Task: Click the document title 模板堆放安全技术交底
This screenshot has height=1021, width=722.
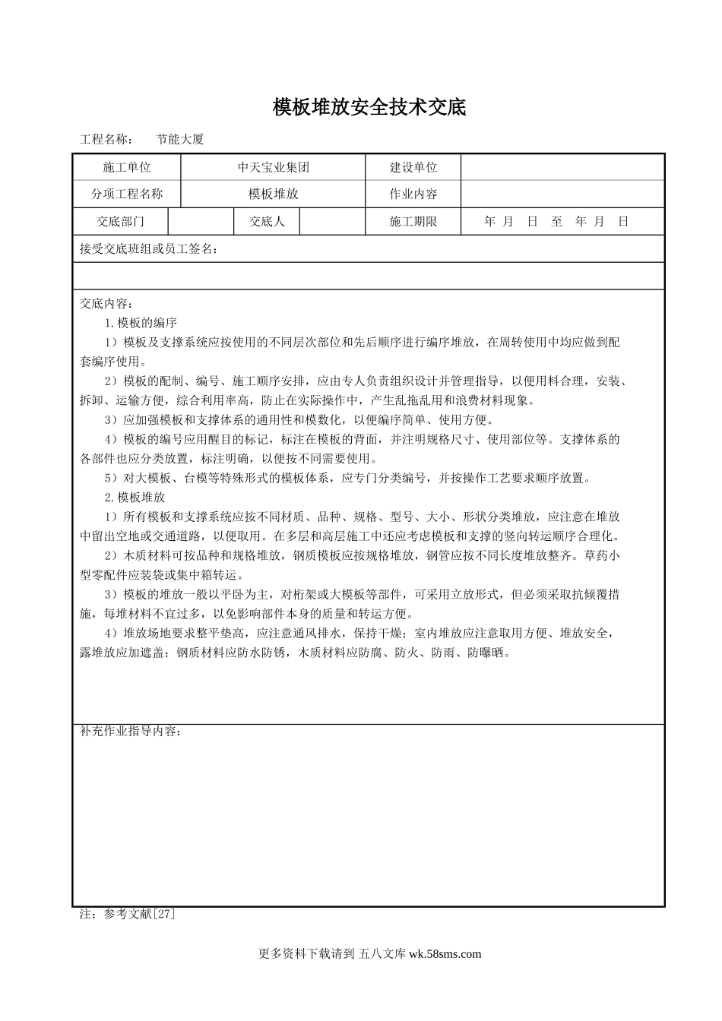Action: [x=369, y=107]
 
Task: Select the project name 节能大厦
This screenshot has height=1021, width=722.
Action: [x=179, y=140]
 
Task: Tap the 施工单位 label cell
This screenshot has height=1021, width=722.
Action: [x=127, y=167]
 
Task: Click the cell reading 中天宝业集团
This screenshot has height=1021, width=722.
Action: [x=274, y=167]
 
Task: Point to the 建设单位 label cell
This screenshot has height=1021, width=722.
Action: [x=413, y=167]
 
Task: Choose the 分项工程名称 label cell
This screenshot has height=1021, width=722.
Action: [x=127, y=194]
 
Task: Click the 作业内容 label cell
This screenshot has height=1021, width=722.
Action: [x=413, y=194]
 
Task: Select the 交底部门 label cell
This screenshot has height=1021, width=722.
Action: [x=120, y=222]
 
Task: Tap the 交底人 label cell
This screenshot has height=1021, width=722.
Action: [x=267, y=222]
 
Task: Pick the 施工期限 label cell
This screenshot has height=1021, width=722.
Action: [x=413, y=222]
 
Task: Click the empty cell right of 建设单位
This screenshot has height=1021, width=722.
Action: [x=562, y=167]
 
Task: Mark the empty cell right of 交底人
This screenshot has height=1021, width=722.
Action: [x=334, y=222]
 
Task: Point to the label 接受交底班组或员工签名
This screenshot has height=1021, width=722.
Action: [x=148, y=248]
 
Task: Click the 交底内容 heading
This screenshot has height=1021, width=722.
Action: [x=106, y=303]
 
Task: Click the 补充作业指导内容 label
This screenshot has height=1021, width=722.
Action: [x=130, y=732]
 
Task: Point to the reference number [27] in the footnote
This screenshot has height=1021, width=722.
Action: [x=164, y=914]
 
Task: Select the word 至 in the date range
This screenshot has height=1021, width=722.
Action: [x=557, y=222]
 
